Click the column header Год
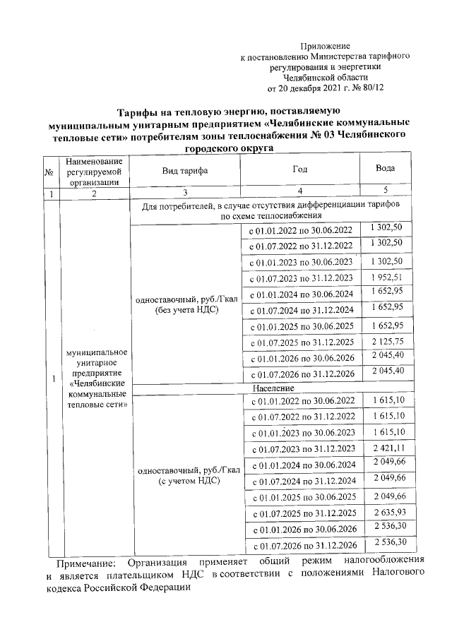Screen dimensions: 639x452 point(300,170)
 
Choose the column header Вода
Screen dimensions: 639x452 point(386,170)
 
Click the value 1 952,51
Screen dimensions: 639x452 point(386,276)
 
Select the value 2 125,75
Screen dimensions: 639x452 point(386,341)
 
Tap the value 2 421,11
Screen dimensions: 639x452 point(386,447)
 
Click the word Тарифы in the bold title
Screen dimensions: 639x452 point(138,112)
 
